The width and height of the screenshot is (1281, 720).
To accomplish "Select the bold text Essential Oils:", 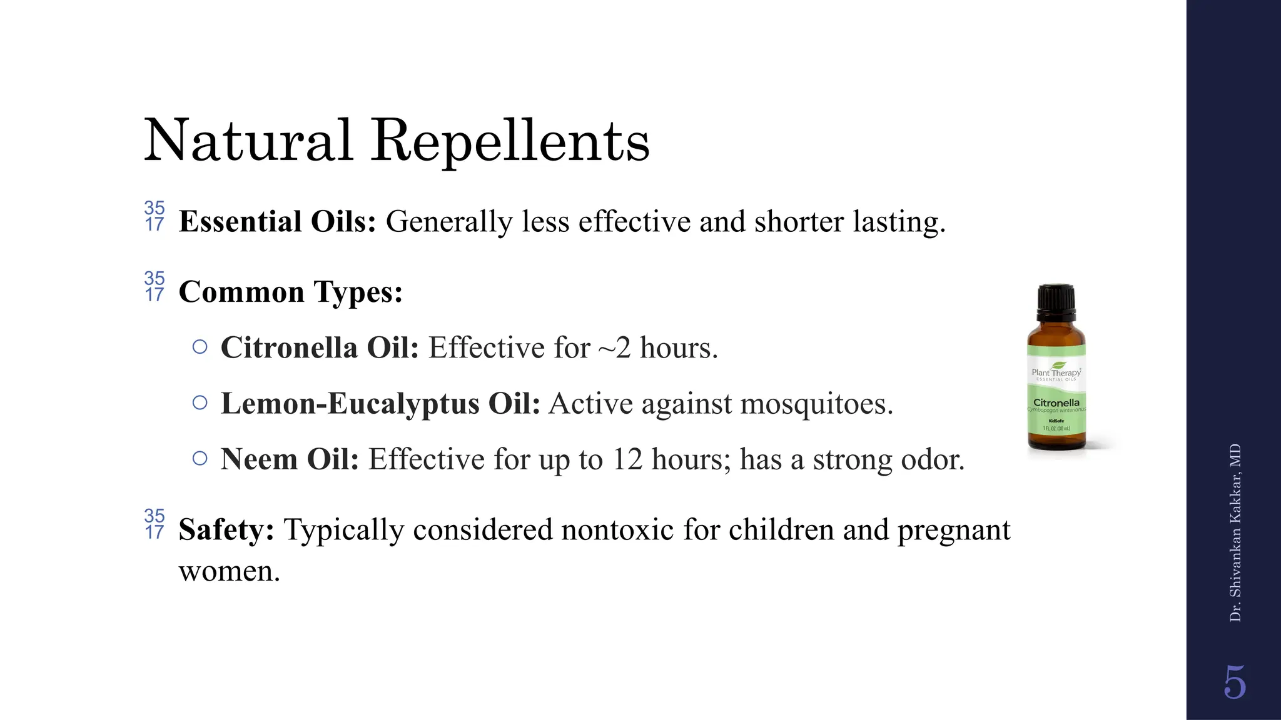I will [x=277, y=222].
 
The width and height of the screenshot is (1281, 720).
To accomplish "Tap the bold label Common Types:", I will [x=290, y=292].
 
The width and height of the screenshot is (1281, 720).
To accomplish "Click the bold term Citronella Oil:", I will [x=320, y=348].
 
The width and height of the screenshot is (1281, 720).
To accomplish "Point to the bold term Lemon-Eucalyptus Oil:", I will [x=380, y=404].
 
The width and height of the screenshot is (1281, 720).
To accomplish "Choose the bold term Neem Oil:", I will [x=290, y=459].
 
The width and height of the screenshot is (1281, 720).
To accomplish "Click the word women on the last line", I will [x=229, y=571].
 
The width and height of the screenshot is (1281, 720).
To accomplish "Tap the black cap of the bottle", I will [x=1056, y=300].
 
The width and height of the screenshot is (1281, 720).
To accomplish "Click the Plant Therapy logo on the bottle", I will [x=1056, y=371].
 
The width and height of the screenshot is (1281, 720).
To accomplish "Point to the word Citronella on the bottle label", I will [x=1056, y=402].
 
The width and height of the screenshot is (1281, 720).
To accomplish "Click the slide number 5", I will [x=1235, y=682].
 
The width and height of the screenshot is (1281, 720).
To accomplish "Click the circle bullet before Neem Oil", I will [x=200, y=459].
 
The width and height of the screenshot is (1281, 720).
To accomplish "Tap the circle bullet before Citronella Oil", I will [x=200, y=347].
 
